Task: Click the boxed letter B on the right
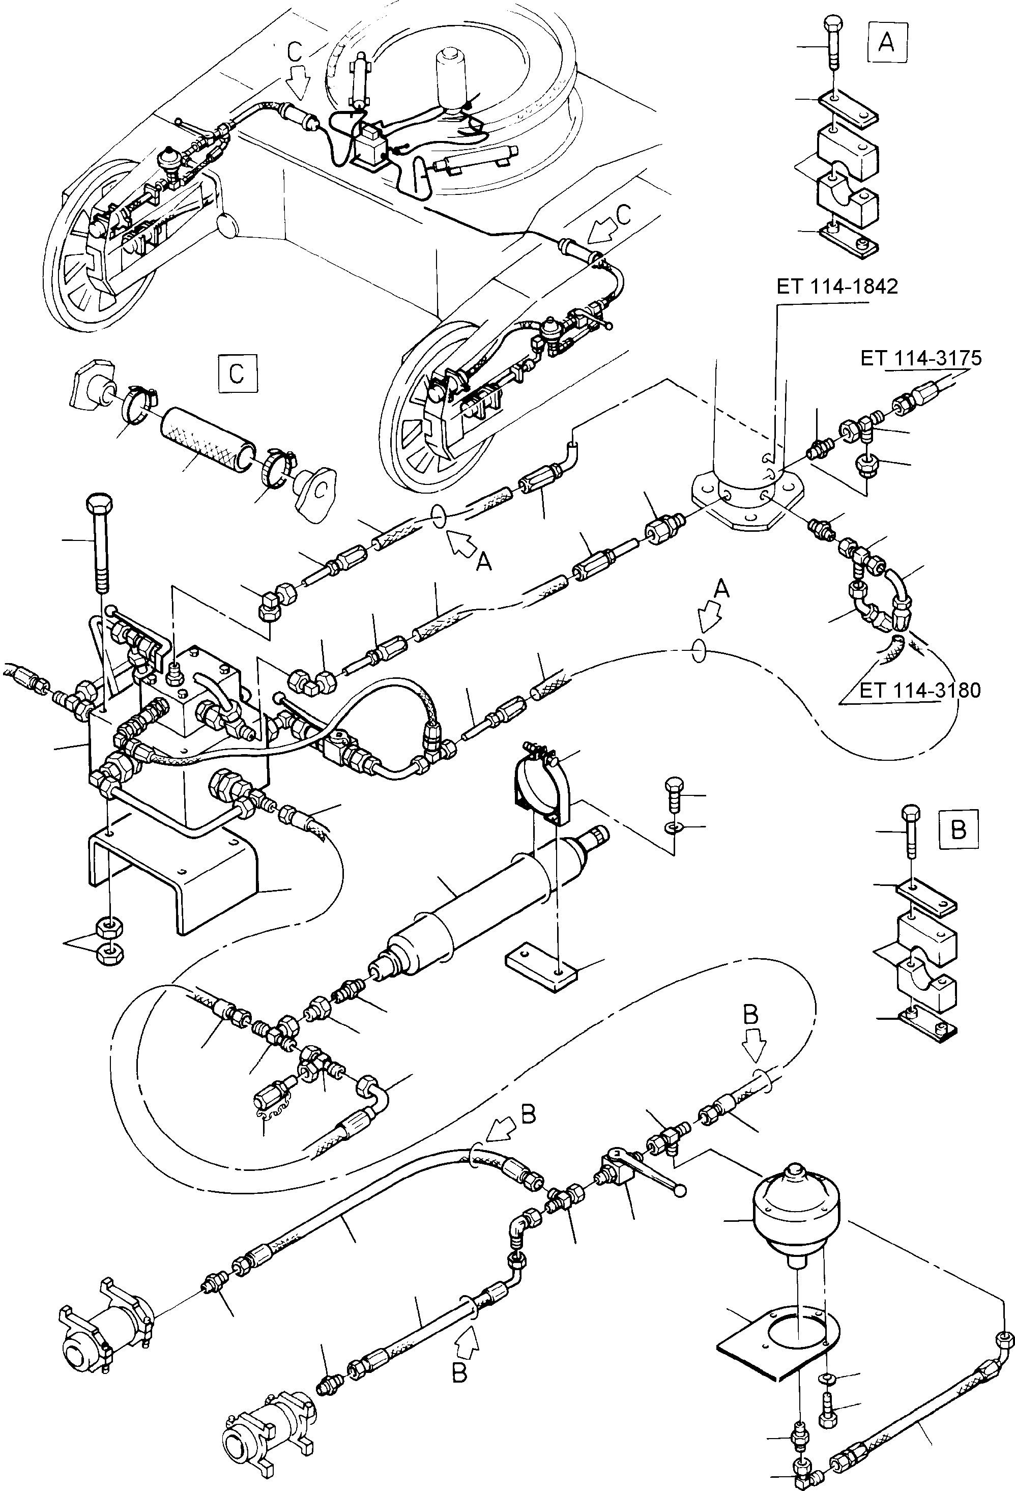point(958,829)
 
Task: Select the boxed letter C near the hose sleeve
point(237,372)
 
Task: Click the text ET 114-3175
point(921,359)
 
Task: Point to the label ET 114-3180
point(919,691)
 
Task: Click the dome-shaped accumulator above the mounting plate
point(796,1210)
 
